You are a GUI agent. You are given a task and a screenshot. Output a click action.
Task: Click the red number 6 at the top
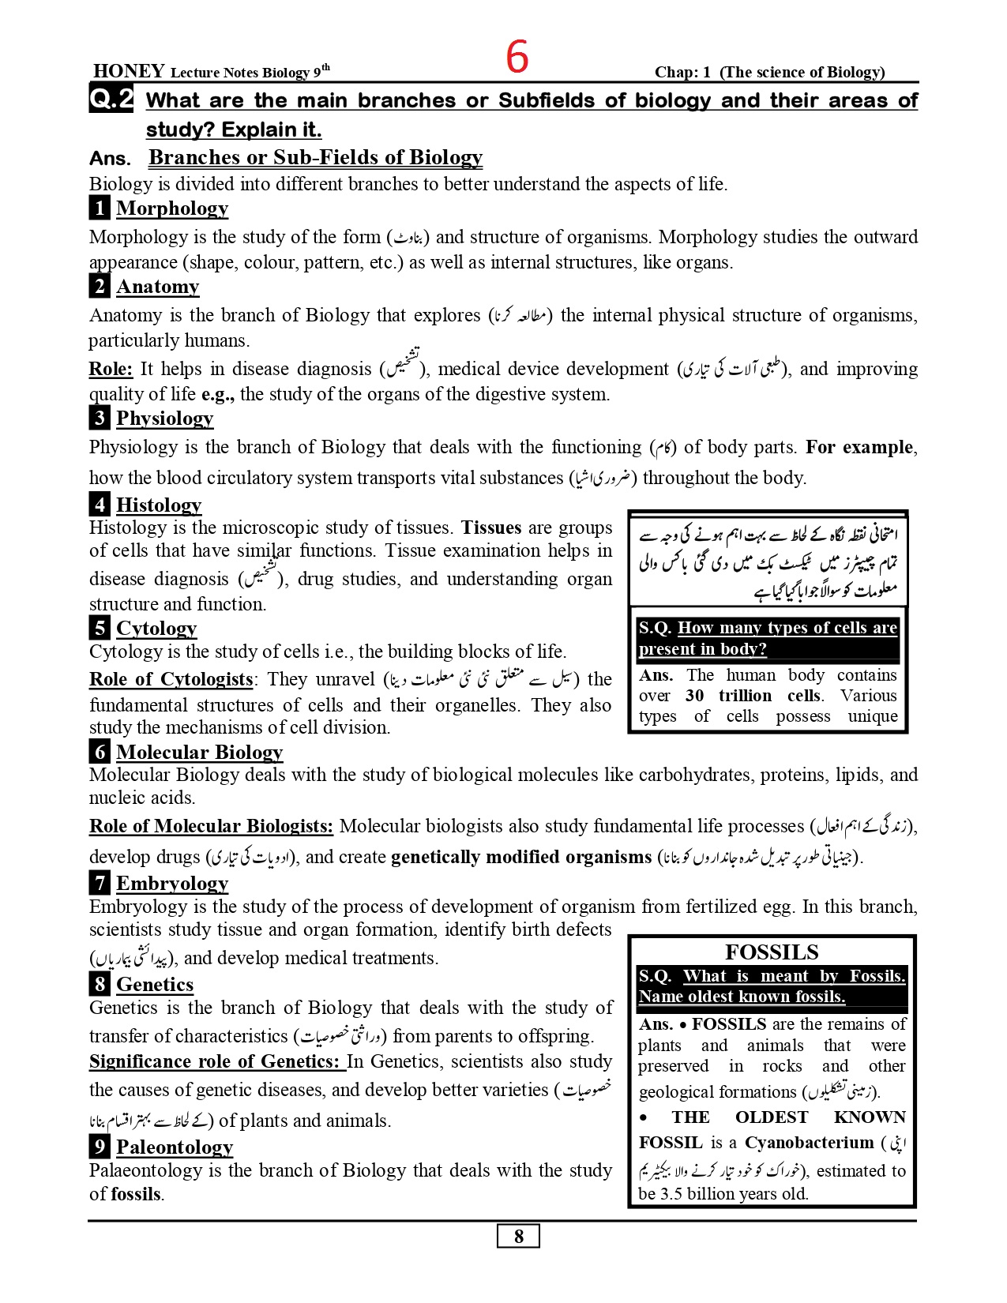pos(517,57)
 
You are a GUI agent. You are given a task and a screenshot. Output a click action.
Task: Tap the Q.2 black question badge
pos(111,100)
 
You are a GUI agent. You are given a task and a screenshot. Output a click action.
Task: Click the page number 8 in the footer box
pos(518,1236)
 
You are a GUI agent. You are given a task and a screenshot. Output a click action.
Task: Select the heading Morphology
pos(172,208)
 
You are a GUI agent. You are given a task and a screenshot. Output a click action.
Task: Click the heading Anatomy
pos(158,287)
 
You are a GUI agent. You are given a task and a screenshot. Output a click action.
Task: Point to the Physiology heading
pos(165,419)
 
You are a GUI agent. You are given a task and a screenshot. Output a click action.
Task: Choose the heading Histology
pos(159,505)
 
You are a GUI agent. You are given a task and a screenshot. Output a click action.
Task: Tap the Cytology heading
pos(156,629)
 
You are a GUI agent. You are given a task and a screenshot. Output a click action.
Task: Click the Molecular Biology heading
pos(199,753)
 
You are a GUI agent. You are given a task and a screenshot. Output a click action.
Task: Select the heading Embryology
pos(172,884)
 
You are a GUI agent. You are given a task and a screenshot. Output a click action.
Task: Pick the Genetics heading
pos(155,985)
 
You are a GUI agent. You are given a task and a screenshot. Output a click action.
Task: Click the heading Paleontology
pos(175,1147)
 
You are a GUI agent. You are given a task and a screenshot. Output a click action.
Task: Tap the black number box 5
pos(100,629)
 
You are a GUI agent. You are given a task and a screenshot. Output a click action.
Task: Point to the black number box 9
pos(100,1147)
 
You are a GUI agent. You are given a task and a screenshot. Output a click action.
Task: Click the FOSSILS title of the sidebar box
pos(772,952)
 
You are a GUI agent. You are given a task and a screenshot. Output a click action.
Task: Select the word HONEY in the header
pos(129,71)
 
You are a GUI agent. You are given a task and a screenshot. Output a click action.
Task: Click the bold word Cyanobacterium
pos(809,1143)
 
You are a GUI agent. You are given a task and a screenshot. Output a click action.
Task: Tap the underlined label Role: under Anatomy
pos(111,369)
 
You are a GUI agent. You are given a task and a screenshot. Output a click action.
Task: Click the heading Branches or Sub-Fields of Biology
pos(315,158)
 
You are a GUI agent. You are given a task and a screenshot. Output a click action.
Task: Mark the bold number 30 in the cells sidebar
pos(694,696)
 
